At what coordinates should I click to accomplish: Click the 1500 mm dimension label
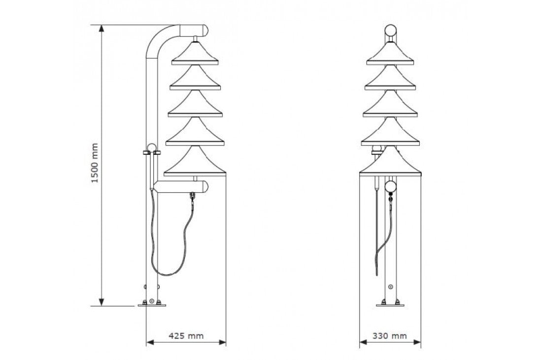(x=95, y=163)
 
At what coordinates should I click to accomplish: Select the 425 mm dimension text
(x=186, y=336)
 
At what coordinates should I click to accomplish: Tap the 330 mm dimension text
(x=389, y=336)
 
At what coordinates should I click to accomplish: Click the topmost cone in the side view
(x=196, y=54)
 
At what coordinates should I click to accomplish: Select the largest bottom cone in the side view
(x=195, y=162)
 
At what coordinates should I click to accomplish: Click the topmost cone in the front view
(x=390, y=54)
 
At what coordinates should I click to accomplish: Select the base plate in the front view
(x=390, y=305)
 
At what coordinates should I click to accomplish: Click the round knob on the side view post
(x=152, y=147)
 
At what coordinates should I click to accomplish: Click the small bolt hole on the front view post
(x=391, y=287)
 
